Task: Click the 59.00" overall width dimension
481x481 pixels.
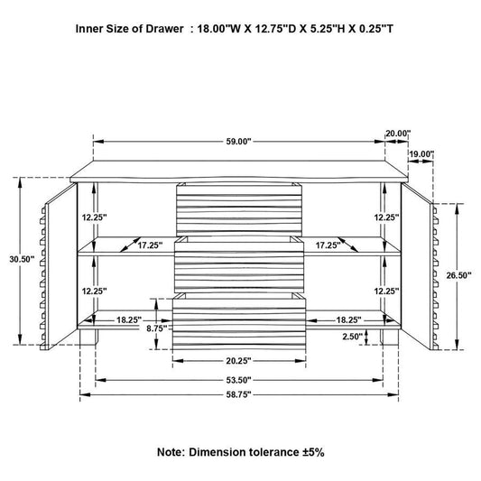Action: (238, 142)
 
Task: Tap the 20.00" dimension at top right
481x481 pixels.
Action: (398, 134)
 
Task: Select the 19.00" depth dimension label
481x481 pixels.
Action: (421, 153)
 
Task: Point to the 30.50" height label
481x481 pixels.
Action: (22, 259)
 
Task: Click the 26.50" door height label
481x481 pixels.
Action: (458, 275)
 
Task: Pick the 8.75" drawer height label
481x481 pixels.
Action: (157, 328)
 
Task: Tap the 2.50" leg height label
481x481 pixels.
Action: (353, 337)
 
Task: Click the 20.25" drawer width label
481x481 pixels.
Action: (238, 361)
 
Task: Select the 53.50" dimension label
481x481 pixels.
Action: (238, 380)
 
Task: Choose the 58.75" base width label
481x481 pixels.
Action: (238, 394)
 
